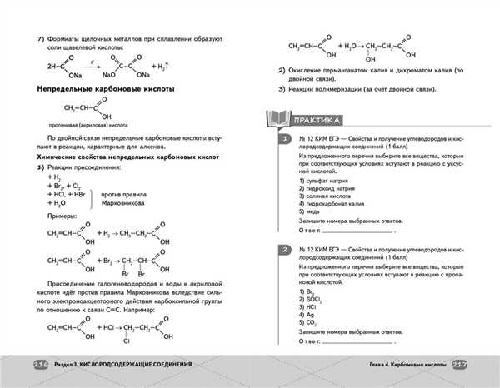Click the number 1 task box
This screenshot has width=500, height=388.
284,137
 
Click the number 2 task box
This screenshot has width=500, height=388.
284,250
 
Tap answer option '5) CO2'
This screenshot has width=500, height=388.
306,325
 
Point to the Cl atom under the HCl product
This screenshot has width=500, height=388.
127,340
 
